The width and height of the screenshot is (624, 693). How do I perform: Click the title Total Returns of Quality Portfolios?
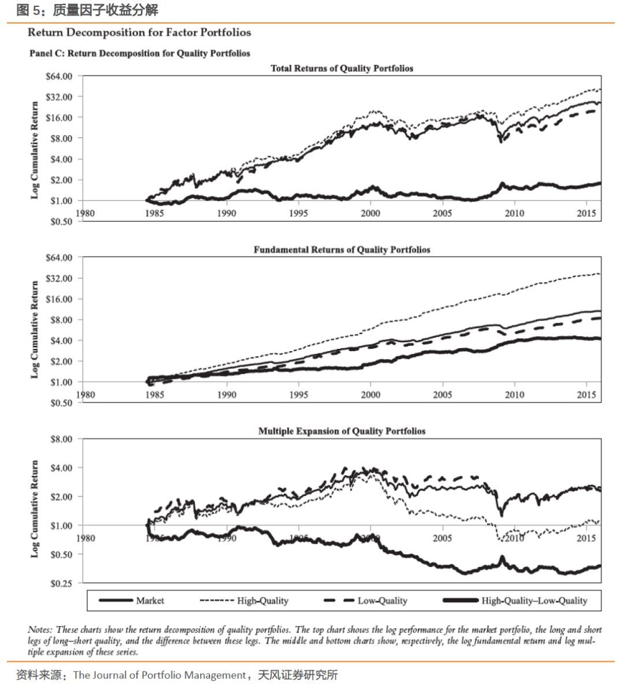pyautogui.click(x=341, y=68)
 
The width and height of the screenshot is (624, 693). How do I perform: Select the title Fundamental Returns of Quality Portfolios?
pyautogui.click(x=341, y=249)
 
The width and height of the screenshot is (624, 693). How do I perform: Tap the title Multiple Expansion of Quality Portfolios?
pyautogui.click(x=341, y=431)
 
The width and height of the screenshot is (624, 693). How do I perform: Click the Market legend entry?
pyautogui.click(x=150, y=601)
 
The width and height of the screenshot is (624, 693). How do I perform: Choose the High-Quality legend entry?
pyautogui.click(x=262, y=601)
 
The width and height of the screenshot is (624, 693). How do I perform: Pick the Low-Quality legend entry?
pyautogui.click(x=382, y=601)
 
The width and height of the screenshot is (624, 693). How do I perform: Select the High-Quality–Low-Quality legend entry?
pyautogui.click(x=534, y=601)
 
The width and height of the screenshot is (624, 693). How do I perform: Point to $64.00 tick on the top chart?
pyautogui.click(x=59, y=76)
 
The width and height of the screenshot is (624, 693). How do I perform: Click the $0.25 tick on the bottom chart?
pyautogui.click(x=61, y=583)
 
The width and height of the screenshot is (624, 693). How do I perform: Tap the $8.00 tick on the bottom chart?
pyautogui.click(x=61, y=439)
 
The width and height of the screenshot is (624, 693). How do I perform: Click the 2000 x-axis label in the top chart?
pyautogui.click(x=370, y=213)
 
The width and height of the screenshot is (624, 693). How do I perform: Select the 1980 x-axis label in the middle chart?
pyautogui.click(x=86, y=394)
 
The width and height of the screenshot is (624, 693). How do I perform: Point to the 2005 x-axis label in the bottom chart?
pyautogui.click(x=443, y=538)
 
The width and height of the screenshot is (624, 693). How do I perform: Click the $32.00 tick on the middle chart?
pyautogui.click(x=59, y=278)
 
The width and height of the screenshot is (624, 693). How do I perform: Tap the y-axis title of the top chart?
pyautogui.click(x=35, y=150)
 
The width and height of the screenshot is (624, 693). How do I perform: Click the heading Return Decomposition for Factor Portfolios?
pyautogui.click(x=139, y=32)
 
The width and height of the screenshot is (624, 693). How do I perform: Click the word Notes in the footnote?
pyautogui.click(x=39, y=629)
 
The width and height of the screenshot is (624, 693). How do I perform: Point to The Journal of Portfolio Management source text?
pyautogui.click(x=159, y=675)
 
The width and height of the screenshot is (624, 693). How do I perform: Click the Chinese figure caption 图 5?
pyautogui.click(x=29, y=10)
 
